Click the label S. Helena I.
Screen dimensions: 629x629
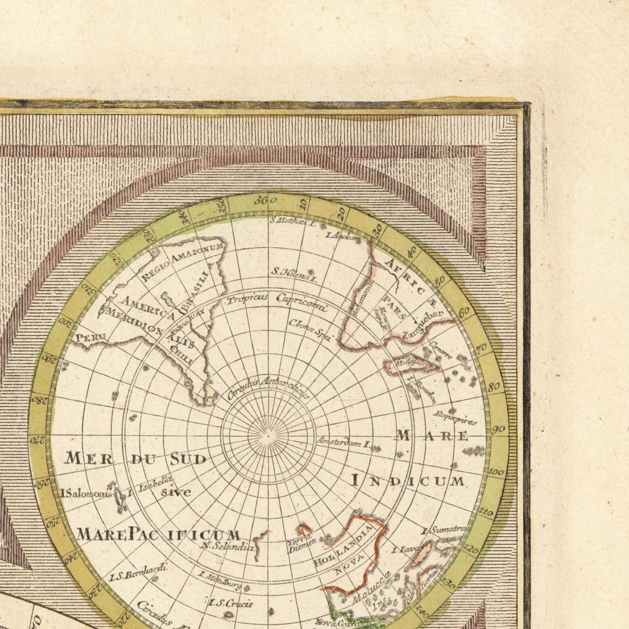(294, 274)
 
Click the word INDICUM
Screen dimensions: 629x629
(408, 481)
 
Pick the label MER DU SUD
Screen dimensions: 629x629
(136, 459)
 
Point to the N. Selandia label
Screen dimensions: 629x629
(227, 547)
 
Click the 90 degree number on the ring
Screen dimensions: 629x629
(498, 430)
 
